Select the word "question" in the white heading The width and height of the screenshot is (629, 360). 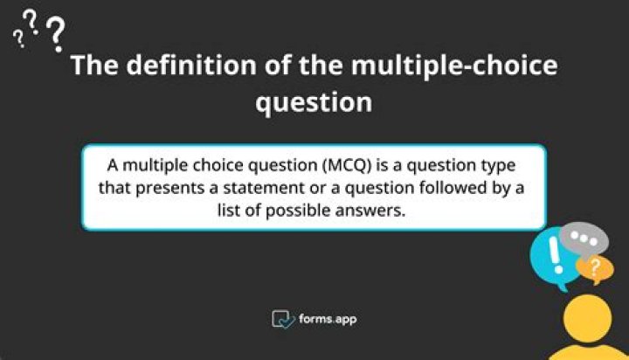point(314,102)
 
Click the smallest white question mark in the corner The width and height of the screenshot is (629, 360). point(18,39)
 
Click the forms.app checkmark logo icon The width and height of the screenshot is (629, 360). point(281,319)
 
